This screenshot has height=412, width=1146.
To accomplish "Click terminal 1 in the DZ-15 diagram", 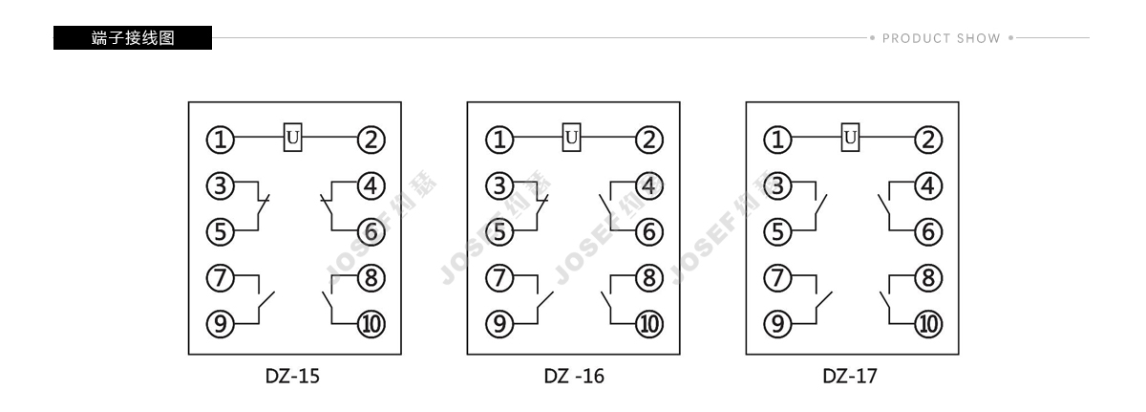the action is [x=220, y=140].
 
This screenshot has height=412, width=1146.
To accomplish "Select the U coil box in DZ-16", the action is [x=571, y=137].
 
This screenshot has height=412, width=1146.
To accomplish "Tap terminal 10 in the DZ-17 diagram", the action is [x=928, y=324].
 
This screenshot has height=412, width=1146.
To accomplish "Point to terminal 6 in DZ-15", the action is [x=371, y=232].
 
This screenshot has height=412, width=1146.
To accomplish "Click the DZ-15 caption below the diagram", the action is [x=292, y=377].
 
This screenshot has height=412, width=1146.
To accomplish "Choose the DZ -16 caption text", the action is [x=574, y=377].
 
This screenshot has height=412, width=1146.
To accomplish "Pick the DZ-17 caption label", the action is [x=850, y=377].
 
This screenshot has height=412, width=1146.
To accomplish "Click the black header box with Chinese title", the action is [x=133, y=38].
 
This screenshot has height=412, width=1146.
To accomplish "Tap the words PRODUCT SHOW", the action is [x=942, y=38].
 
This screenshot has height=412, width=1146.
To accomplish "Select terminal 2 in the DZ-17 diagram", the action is [x=928, y=140].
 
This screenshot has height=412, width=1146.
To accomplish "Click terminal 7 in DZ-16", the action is [x=499, y=278].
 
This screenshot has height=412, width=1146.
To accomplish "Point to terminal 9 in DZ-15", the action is [x=220, y=324].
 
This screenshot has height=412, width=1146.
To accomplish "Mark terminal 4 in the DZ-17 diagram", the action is [x=928, y=185].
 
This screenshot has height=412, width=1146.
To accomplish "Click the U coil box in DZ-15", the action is [x=292, y=137].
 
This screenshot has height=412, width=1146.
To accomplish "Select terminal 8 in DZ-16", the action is [x=649, y=278].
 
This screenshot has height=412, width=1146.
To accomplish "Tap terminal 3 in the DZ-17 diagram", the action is [x=777, y=185].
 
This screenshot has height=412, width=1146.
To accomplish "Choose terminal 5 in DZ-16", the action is [x=499, y=232].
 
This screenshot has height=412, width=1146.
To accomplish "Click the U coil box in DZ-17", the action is [x=850, y=137].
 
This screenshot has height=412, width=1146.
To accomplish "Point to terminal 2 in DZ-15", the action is [x=371, y=140].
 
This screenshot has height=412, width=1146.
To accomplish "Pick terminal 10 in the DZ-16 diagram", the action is [x=649, y=324].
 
